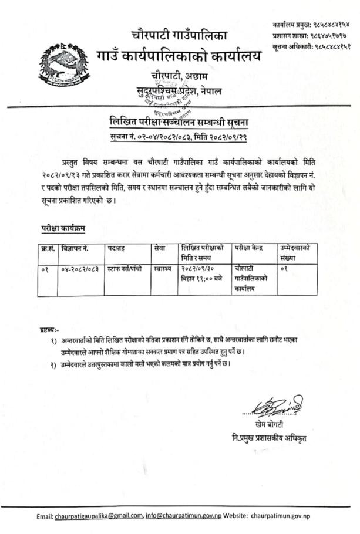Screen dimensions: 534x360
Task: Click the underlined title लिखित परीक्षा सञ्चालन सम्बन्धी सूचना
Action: point(179,121)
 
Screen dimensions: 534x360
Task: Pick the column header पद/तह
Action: point(116,249)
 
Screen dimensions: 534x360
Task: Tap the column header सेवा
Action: point(159,249)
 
